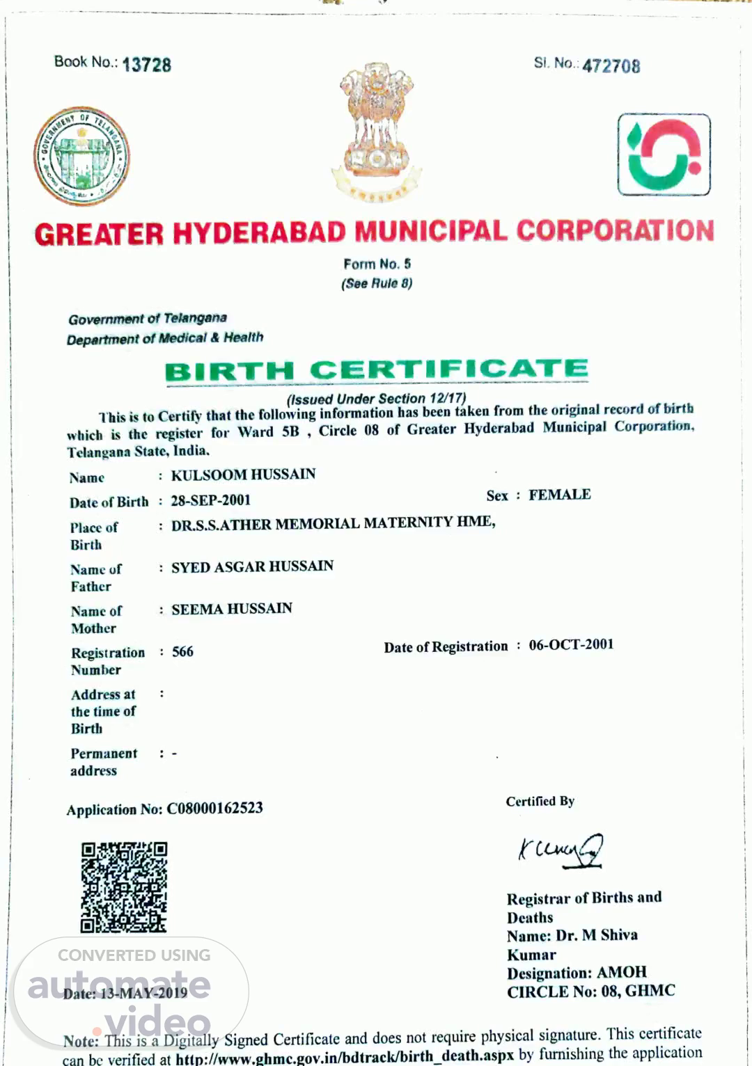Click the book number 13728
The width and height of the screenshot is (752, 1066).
(x=146, y=65)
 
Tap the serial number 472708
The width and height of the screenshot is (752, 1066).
(x=611, y=66)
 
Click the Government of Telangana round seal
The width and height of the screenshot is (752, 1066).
(x=81, y=156)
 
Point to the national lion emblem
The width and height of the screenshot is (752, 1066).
(x=377, y=132)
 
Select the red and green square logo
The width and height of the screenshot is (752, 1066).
(x=664, y=154)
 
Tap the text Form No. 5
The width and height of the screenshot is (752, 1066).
(x=377, y=264)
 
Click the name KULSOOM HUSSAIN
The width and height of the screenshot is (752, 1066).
(x=243, y=475)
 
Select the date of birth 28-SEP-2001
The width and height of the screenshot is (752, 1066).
(x=210, y=500)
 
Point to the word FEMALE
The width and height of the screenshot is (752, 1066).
(x=559, y=495)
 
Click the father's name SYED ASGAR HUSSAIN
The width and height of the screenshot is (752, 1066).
(x=252, y=566)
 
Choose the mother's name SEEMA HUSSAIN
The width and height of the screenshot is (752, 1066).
(x=232, y=609)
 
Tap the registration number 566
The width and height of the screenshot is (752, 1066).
(x=182, y=652)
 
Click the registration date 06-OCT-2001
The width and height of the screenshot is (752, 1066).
(x=571, y=644)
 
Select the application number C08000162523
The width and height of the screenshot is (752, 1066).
(x=214, y=808)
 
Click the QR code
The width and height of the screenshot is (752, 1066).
(x=124, y=887)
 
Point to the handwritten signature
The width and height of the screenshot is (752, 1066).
(x=561, y=850)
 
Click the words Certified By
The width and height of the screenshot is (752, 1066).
(x=540, y=801)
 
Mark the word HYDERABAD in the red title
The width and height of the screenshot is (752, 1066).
(x=259, y=233)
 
